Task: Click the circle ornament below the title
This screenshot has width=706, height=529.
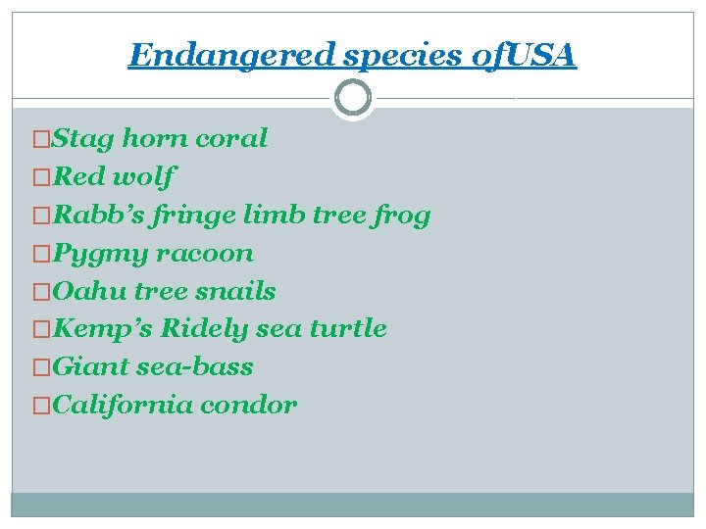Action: pyautogui.click(x=352, y=98)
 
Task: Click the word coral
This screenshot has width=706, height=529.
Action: pyautogui.click(x=231, y=138)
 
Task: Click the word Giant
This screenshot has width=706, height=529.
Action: pyautogui.click(x=84, y=367)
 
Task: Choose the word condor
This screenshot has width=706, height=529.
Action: pyautogui.click(x=251, y=406)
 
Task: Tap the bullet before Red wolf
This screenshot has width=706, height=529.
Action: pyautogui.click(x=40, y=177)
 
